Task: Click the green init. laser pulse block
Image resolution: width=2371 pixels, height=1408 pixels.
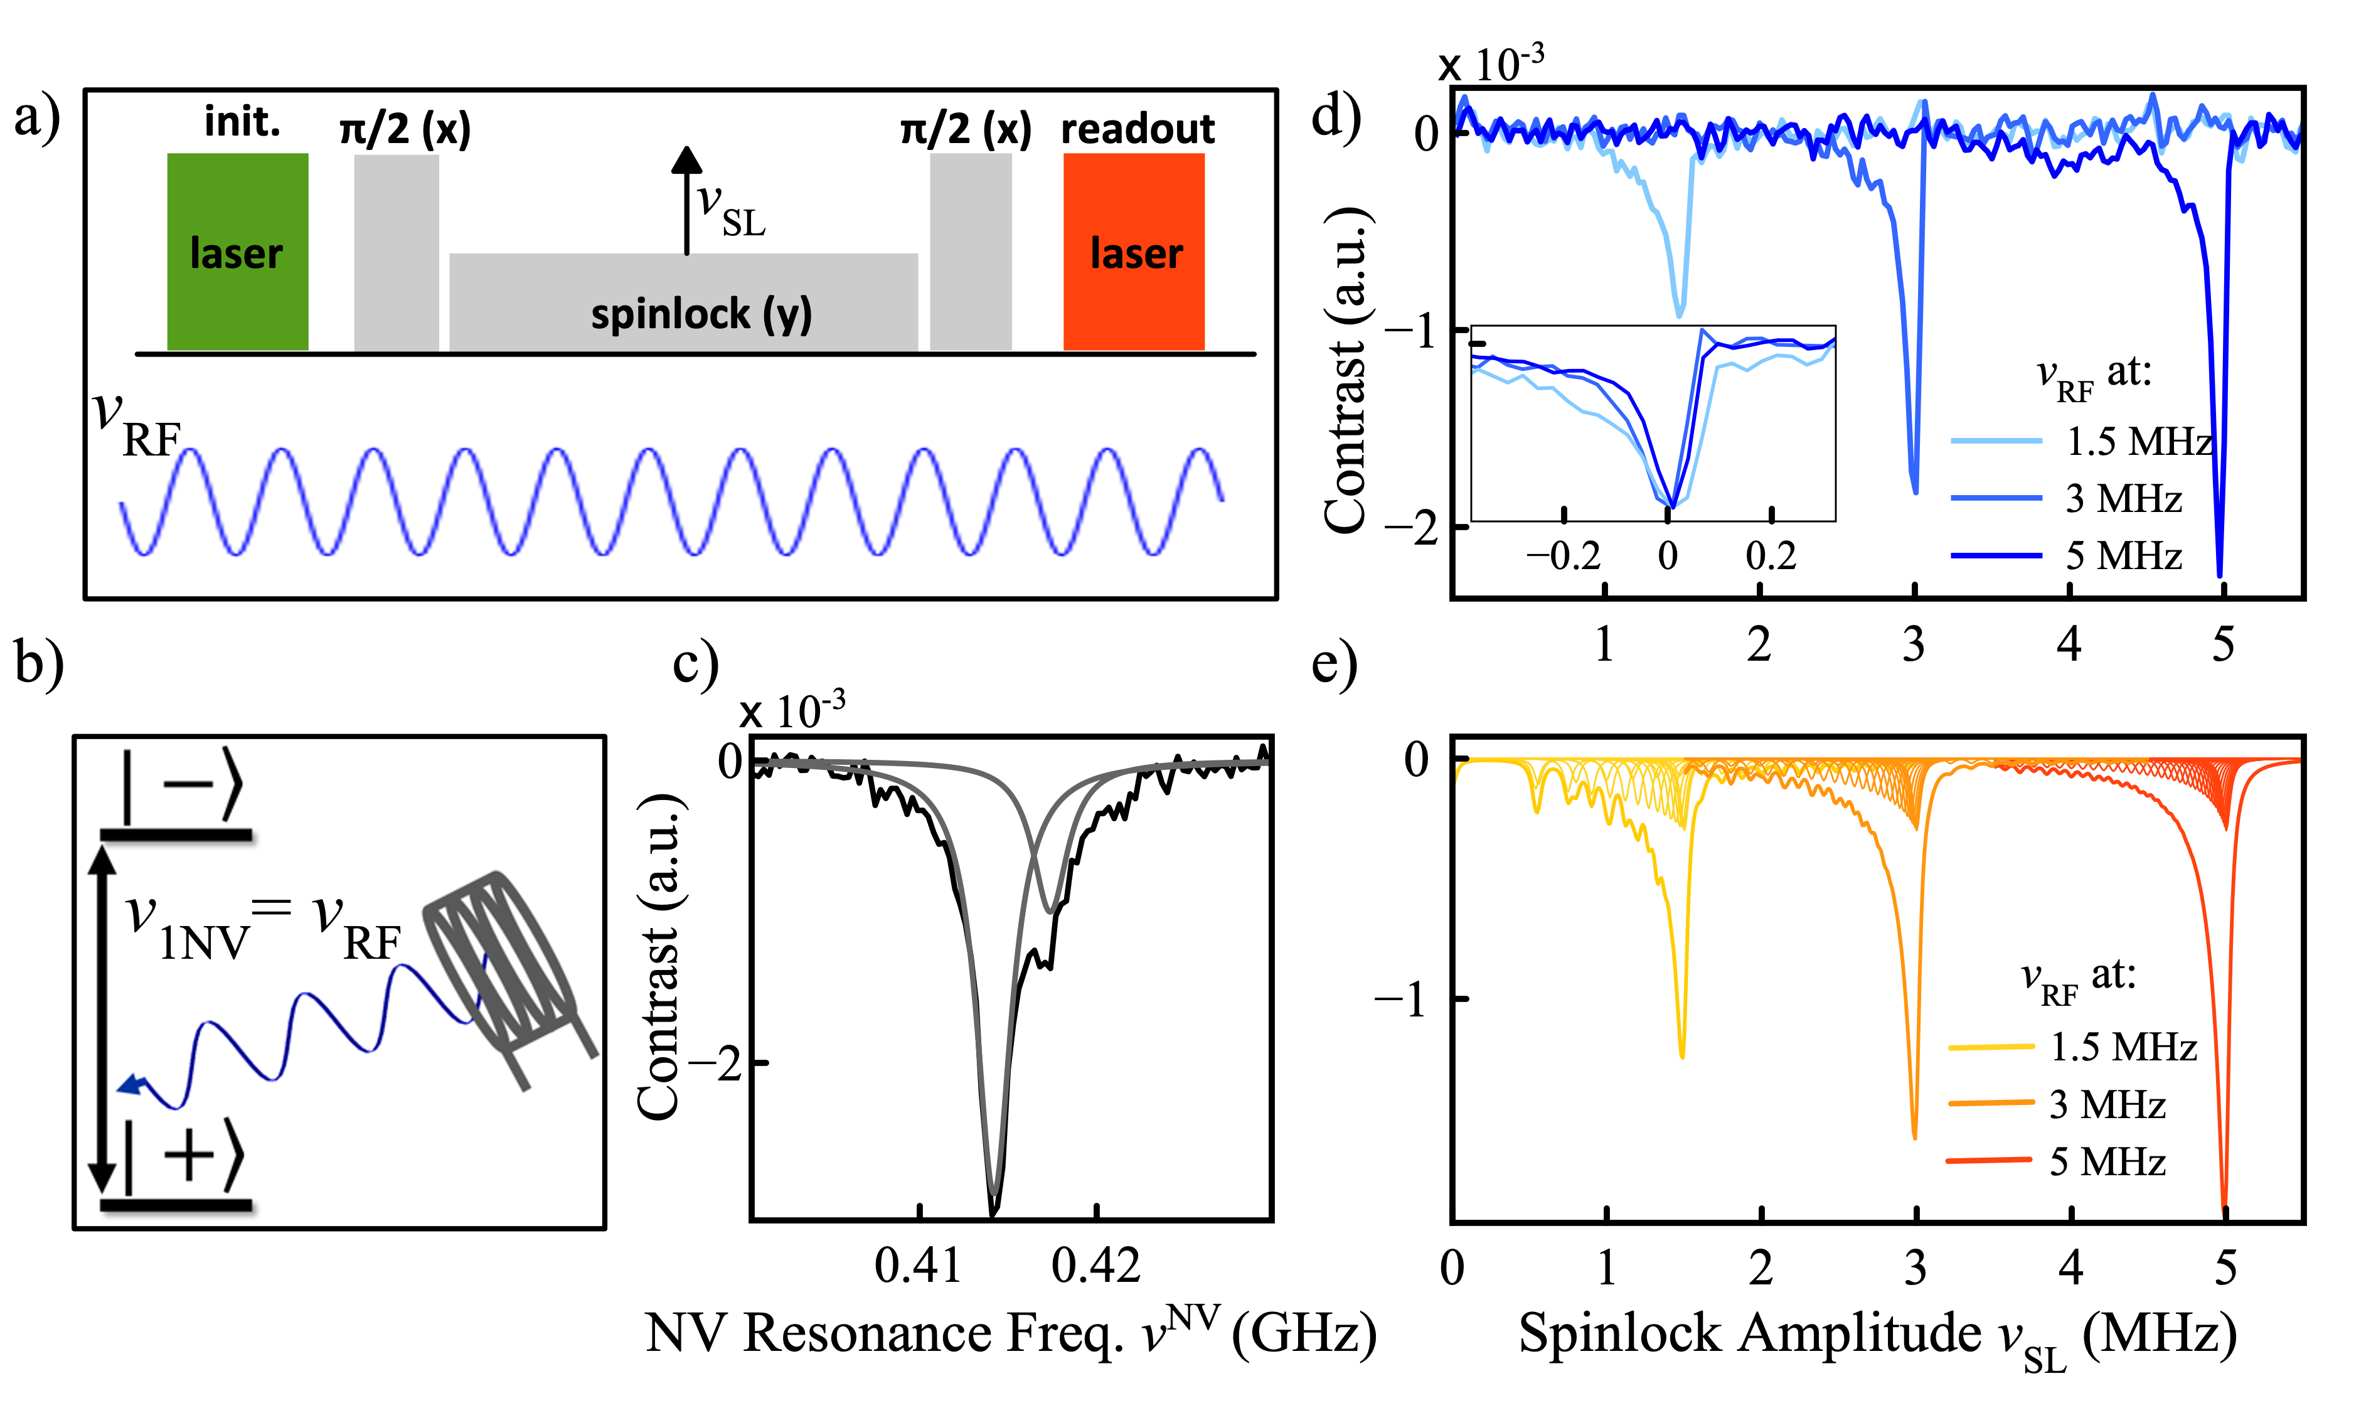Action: (x=237, y=252)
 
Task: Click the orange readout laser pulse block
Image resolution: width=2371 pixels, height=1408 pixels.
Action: (x=1134, y=252)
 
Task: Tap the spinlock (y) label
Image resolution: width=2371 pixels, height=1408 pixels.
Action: (x=701, y=314)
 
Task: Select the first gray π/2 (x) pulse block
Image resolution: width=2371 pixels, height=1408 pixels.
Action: (x=397, y=252)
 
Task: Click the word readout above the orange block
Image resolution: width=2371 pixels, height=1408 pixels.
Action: (x=1137, y=129)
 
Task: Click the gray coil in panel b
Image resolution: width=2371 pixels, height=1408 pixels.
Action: (x=503, y=968)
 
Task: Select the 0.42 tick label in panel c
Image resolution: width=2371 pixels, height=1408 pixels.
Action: (x=1096, y=1266)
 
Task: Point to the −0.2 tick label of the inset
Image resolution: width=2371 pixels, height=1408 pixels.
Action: (x=1563, y=556)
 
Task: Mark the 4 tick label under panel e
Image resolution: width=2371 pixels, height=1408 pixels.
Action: (x=2070, y=1267)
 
